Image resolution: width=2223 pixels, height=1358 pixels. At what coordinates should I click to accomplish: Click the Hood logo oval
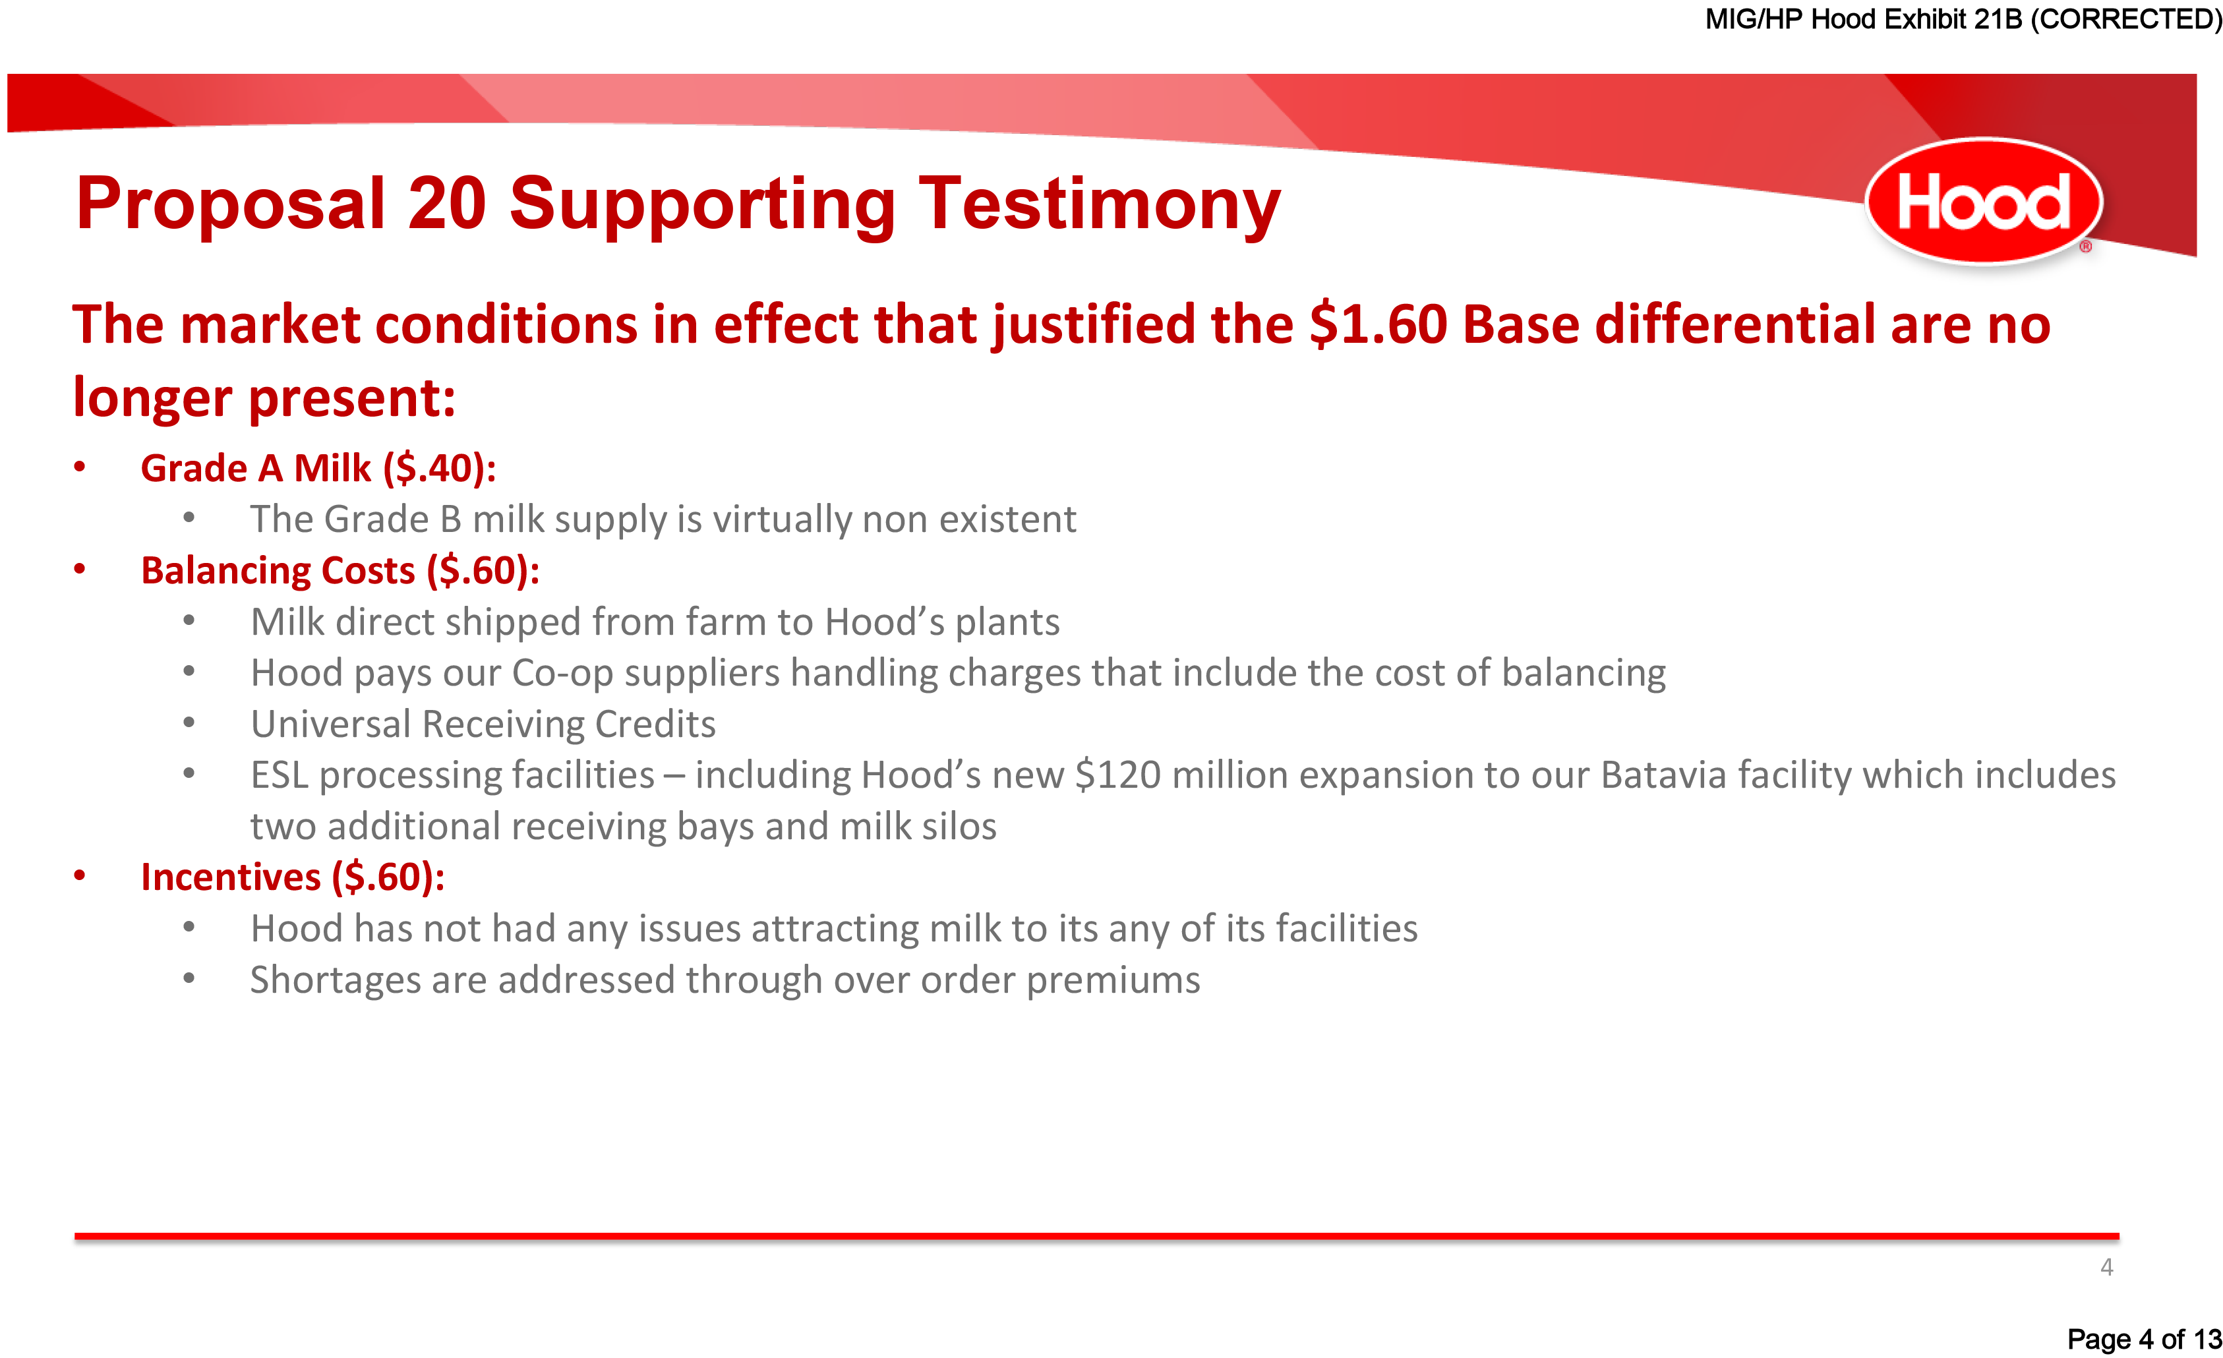click(1984, 200)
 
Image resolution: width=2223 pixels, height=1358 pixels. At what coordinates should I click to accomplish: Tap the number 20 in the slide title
click(446, 203)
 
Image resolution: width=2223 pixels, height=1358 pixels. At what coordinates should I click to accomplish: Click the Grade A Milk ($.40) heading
click(318, 468)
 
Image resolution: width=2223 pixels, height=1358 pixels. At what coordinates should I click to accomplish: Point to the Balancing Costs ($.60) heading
click(340, 570)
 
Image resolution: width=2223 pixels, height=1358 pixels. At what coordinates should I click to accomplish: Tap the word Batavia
click(1664, 775)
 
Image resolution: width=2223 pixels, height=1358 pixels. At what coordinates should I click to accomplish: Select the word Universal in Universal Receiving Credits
click(330, 724)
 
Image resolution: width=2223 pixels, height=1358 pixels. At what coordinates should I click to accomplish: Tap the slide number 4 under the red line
click(2106, 1268)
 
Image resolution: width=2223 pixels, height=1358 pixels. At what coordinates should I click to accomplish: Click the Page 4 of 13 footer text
click(2144, 1338)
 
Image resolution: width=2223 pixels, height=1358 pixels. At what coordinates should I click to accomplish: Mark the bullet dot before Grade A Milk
click(80, 467)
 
